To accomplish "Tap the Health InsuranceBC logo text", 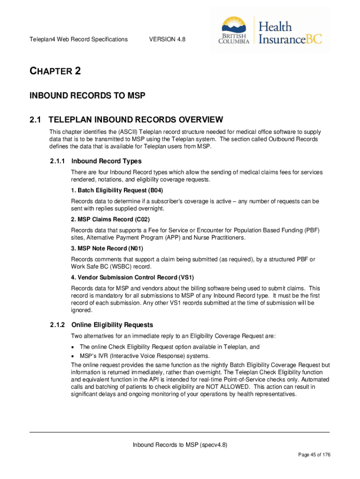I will pos(290,33).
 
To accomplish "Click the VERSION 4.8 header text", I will pos(167,39).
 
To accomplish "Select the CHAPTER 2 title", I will pos(56,72).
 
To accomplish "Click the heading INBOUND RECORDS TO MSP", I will pos(88,96).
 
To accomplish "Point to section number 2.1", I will pos(36,120).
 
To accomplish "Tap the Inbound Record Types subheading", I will pos(107,161).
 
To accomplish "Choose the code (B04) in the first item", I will pos(155,190).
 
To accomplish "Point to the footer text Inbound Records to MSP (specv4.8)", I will pos(180,445).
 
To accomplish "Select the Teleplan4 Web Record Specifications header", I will pos(79,39).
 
